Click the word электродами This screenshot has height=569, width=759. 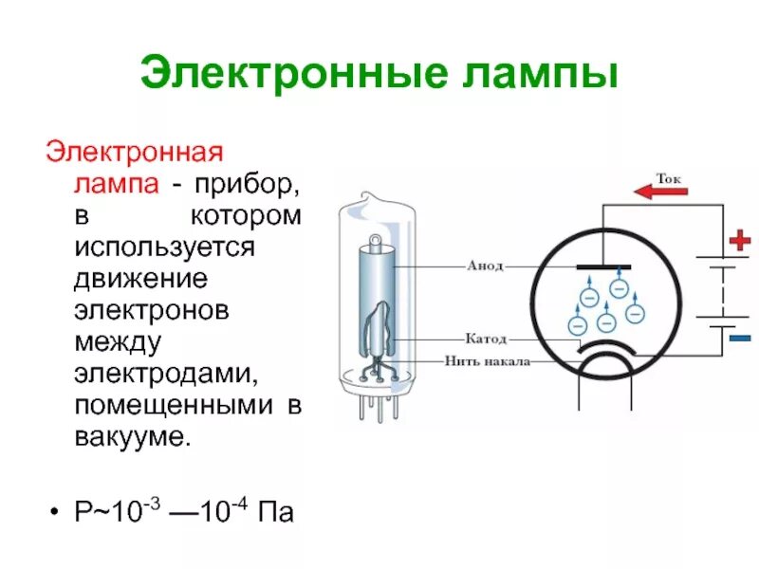coord(167,375)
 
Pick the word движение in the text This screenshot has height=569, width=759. coord(141,278)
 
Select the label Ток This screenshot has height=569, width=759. coord(668,177)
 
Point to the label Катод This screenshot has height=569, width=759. coord(486,339)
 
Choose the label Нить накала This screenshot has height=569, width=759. coord(487,361)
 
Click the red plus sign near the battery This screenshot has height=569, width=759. coord(739,241)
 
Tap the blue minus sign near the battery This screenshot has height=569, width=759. coord(740,338)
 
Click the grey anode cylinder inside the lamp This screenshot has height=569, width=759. coord(374,284)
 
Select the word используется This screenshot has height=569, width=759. coord(167,247)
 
